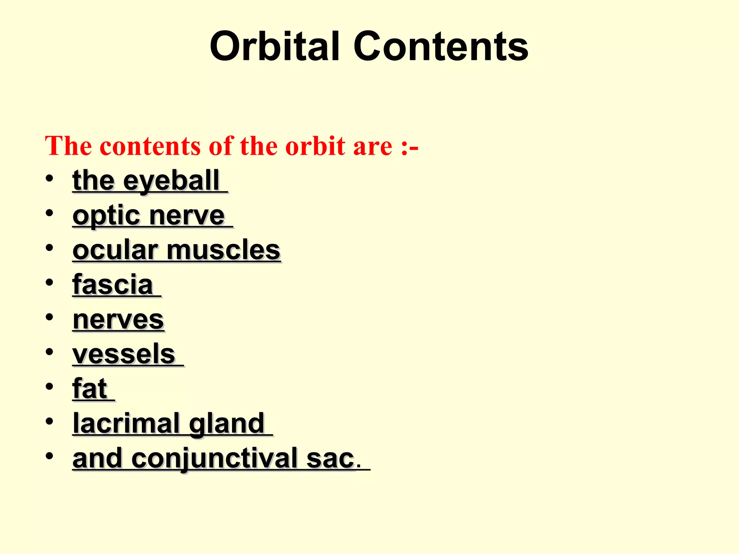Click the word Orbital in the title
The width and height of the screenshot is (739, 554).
(275, 47)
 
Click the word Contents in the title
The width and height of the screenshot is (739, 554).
(441, 47)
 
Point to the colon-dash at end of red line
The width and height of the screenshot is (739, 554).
(409, 147)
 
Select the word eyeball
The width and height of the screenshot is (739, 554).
(171, 181)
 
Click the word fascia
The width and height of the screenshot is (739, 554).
(113, 285)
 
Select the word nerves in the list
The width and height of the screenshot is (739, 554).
(118, 320)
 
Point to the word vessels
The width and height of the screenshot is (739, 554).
(124, 354)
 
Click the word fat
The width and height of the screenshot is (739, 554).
(90, 389)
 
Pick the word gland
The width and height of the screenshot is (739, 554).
(227, 423)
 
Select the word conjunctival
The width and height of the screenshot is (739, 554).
(215, 458)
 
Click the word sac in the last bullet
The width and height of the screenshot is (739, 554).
(330, 458)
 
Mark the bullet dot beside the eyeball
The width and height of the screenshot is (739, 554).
(49, 179)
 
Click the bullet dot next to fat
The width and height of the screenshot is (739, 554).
(49, 386)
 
